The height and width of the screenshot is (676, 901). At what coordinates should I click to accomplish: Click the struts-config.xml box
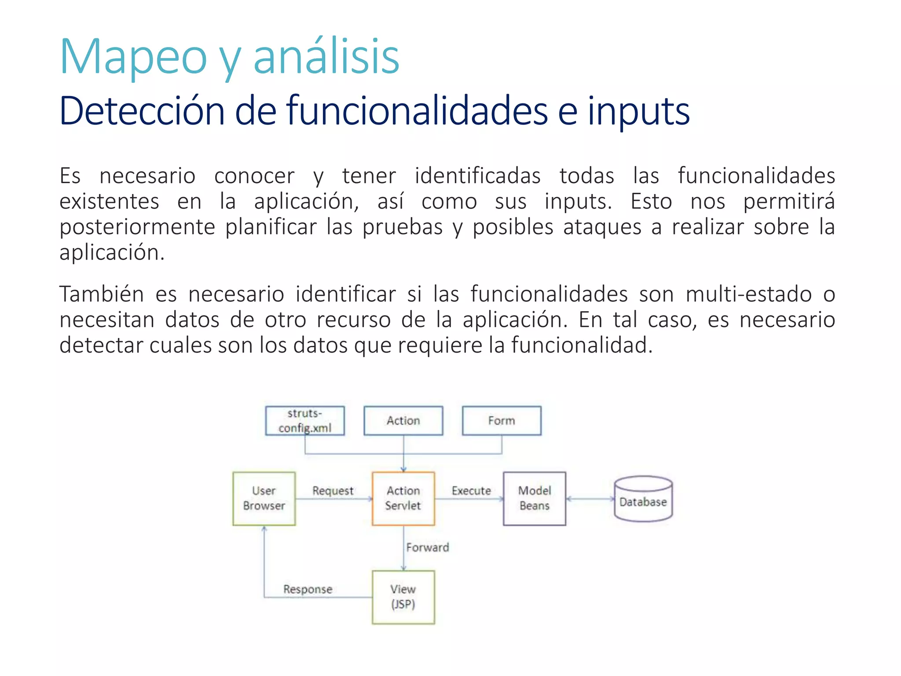click(x=305, y=420)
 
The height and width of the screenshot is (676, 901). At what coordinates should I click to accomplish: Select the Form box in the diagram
click(x=502, y=420)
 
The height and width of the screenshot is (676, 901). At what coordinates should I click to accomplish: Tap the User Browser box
click(x=264, y=498)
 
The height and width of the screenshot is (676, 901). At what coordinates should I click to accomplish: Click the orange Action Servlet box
click(x=403, y=498)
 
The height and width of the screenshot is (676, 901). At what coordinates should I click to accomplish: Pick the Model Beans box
click(x=534, y=498)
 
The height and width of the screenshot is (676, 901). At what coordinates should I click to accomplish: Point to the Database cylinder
click(x=643, y=499)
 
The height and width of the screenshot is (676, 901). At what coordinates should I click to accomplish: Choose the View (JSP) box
click(x=403, y=597)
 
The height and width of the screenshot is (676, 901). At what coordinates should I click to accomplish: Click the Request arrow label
click(x=333, y=491)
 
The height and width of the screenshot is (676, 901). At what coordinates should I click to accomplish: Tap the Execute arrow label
click(x=471, y=491)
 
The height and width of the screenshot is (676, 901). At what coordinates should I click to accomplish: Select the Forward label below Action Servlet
click(x=428, y=547)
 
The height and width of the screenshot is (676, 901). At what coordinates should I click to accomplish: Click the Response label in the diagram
click(x=308, y=589)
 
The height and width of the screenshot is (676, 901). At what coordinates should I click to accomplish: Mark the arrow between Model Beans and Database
click(x=590, y=499)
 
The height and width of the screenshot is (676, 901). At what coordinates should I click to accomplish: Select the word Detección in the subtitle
click(x=142, y=111)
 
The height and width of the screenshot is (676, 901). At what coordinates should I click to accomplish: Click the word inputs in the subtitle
click(x=638, y=112)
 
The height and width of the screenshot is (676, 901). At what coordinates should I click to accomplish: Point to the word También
click(x=102, y=294)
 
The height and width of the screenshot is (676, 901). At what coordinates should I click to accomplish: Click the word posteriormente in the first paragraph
click(x=137, y=227)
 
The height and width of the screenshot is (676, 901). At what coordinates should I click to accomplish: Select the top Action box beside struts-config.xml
click(x=403, y=420)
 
